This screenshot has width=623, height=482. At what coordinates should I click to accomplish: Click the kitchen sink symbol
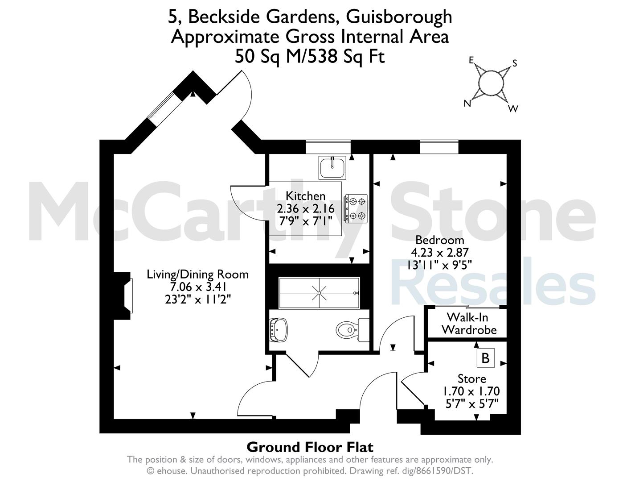[x=332, y=168]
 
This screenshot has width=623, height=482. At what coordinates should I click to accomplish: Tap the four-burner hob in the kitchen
[x=356, y=208]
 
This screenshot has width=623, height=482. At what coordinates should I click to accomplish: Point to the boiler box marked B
[x=485, y=358]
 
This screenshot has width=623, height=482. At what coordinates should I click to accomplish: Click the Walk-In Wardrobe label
[x=469, y=324]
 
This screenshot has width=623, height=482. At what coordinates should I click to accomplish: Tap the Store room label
[x=471, y=379]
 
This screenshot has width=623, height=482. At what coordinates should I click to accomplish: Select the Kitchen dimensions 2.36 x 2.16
[x=306, y=208]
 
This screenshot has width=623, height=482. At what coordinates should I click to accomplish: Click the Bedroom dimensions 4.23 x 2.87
[x=439, y=252]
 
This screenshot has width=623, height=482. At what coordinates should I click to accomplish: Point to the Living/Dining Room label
[x=197, y=274]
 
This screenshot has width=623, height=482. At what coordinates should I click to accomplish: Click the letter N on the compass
[x=467, y=104]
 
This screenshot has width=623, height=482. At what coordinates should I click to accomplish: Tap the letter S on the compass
[x=515, y=63]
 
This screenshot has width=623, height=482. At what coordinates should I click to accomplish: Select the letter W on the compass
[x=513, y=108]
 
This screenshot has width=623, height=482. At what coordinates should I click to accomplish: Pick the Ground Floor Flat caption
[x=310, y=447]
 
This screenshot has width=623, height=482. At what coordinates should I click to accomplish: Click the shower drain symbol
[x=319, y=293]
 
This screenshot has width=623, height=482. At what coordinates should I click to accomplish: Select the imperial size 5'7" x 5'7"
[x=472, y=404]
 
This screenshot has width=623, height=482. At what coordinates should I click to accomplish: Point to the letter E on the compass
[x=471, y=60]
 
